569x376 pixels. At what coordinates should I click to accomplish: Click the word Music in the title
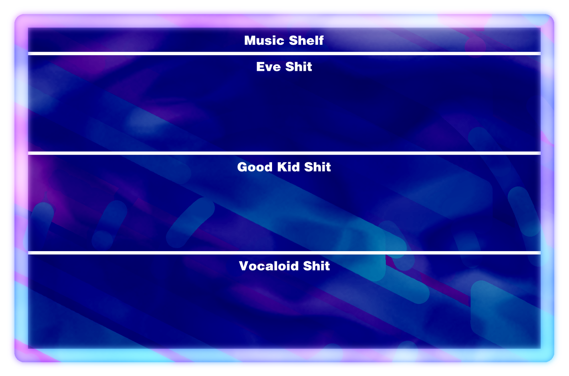[264, 41]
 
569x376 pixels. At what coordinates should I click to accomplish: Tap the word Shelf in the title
[306, 41]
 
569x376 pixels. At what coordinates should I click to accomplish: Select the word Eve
[268, 67]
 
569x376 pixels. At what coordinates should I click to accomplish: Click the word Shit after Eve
[298, 67]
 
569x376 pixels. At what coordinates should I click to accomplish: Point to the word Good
[255, 167]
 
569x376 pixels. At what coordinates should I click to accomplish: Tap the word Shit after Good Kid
[318, 167]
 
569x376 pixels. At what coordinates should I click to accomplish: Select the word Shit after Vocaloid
[317, 266]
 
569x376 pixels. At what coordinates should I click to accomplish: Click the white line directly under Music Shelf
[284, 54]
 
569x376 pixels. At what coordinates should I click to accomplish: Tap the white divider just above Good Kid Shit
[284, 153]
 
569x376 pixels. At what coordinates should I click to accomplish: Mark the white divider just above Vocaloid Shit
[284, 253]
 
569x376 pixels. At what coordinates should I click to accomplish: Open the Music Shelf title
[284, 41]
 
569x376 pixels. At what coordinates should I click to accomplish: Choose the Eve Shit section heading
[284, 67]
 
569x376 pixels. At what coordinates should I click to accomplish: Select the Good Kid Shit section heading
[284, 167]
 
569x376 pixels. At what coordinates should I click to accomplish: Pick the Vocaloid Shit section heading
[284, 266]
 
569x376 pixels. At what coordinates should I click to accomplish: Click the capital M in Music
[250, 41]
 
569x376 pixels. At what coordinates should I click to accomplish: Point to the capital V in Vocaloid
[244, 266]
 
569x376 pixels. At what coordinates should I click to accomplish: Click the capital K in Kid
[282, 167]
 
